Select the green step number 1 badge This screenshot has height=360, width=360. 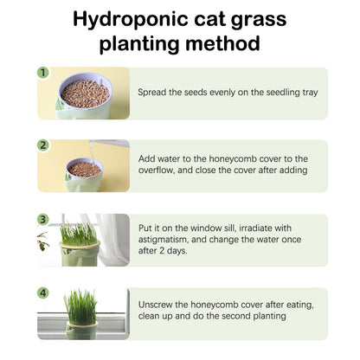[x=43, y=73]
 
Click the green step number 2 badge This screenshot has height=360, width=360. [x=43, y=145]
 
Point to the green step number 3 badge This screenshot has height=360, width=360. [x=43, y=219]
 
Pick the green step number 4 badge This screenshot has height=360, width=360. [x=43, y=292]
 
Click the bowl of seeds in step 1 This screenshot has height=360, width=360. [x=84, y=93]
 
